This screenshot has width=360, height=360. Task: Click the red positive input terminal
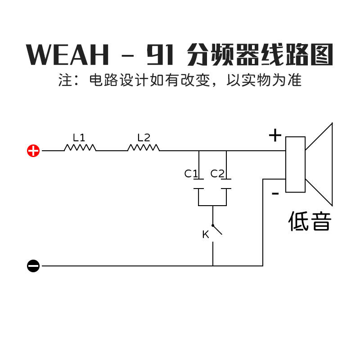pos(33,151)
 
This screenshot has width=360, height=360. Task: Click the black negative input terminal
pos(33,266)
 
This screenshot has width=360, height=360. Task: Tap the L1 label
pos(79,137)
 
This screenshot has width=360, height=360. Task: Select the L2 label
pos(144,137)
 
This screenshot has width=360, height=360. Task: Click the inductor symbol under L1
pos(80,148)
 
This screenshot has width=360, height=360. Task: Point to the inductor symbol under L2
pos(144,148)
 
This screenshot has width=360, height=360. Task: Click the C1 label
pos(191,174)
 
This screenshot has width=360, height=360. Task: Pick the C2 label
pos(217,174)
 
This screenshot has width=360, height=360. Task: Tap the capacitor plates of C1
pos(198,184)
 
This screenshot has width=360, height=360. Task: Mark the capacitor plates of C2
pos(226,184)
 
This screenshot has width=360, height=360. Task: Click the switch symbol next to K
pos(216,229)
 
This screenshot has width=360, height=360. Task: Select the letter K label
pos(206,234)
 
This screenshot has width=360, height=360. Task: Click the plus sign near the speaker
pos(275,135)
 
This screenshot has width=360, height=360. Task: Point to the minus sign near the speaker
pos(275,194)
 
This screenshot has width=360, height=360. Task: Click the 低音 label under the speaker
pos(310,222)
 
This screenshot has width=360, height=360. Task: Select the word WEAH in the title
pos(68,55)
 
